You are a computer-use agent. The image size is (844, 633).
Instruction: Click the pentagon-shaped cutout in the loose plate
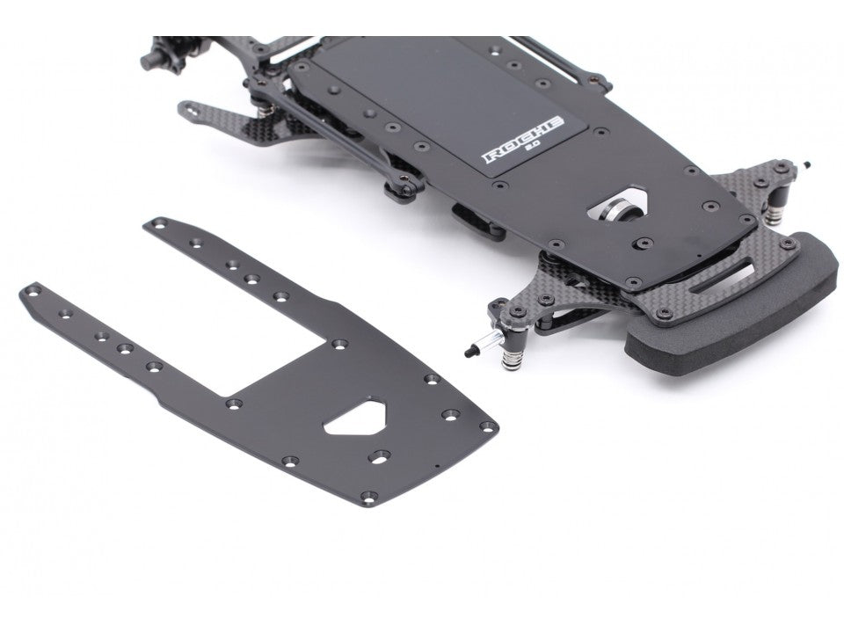click(x=356, y=416)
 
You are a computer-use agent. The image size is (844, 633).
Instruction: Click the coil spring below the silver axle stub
click(x=512, y=360)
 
